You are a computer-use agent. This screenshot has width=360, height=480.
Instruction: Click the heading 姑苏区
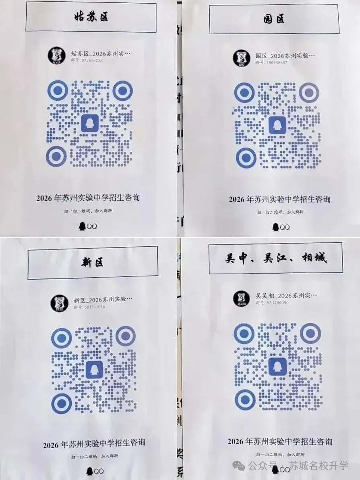[91, 17]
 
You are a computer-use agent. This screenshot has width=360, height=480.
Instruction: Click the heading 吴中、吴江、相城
[276, 258]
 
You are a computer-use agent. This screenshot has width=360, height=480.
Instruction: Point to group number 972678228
[86, 60]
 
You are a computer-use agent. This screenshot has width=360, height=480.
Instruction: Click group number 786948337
[271, 63]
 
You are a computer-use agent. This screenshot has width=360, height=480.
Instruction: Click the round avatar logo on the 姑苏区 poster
[56, 56]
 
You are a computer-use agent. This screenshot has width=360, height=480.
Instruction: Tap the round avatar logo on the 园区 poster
[241, 58]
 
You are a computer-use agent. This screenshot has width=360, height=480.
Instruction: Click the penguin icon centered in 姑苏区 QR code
[90, 123]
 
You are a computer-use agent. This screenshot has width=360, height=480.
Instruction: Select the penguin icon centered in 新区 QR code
[94, 369]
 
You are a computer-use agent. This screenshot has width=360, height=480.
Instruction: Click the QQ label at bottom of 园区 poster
[281, 227]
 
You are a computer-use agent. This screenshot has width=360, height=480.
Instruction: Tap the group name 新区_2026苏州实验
[103, 300]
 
